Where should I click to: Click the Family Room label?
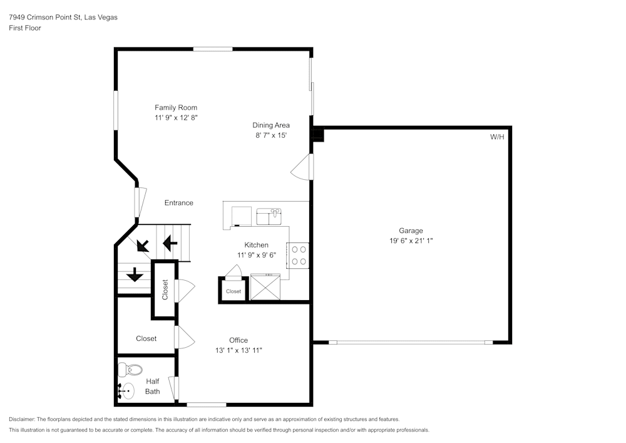click(176, 108)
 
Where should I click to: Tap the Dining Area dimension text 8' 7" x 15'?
click(270, 135)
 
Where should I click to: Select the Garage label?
click(411, 231)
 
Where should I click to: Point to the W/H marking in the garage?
click(496, 137)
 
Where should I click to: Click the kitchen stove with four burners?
click(299, 255)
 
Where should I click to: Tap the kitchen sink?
click(269, 216)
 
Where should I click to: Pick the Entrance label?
click(178, 203)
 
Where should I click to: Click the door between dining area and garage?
click(302, 167)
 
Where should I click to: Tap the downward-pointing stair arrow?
click(135, 274)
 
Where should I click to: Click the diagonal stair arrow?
click(143, 244)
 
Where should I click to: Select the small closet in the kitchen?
click(233, 291)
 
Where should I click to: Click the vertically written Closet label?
click(165, 289)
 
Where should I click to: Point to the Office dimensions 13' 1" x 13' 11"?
click(238, 351)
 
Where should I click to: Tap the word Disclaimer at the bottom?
click(22, 419)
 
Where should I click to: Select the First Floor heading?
click(25, 28)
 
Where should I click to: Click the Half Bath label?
click(153, 386)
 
